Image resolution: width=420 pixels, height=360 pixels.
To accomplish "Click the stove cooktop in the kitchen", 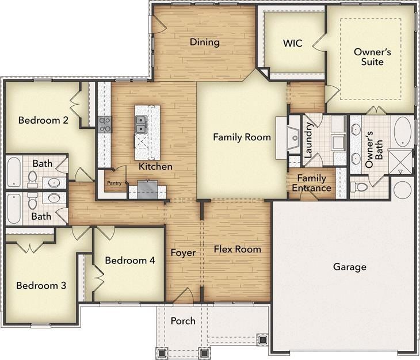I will [105, 124].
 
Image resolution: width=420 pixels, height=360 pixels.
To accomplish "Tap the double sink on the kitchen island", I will [142, 124].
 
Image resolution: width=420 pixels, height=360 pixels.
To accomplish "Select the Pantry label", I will [113, 183].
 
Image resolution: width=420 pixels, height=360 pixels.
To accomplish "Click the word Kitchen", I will [155, 167].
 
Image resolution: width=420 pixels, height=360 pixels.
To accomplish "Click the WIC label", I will [293, 44].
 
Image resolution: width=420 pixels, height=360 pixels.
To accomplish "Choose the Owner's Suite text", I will [372, 56].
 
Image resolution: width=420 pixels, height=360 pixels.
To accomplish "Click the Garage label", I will [349, 267].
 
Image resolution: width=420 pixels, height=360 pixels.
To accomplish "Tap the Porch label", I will [183, 320].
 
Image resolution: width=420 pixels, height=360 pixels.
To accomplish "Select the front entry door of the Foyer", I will [183, 296].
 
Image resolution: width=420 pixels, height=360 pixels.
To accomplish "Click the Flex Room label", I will [237, 249].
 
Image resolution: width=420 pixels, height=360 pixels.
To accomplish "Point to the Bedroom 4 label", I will [130, 261].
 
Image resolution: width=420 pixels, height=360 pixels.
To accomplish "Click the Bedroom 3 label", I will [41, 286].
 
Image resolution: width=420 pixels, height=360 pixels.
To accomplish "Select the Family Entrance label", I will [311, 183].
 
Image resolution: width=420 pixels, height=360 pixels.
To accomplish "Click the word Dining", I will [204, 42].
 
